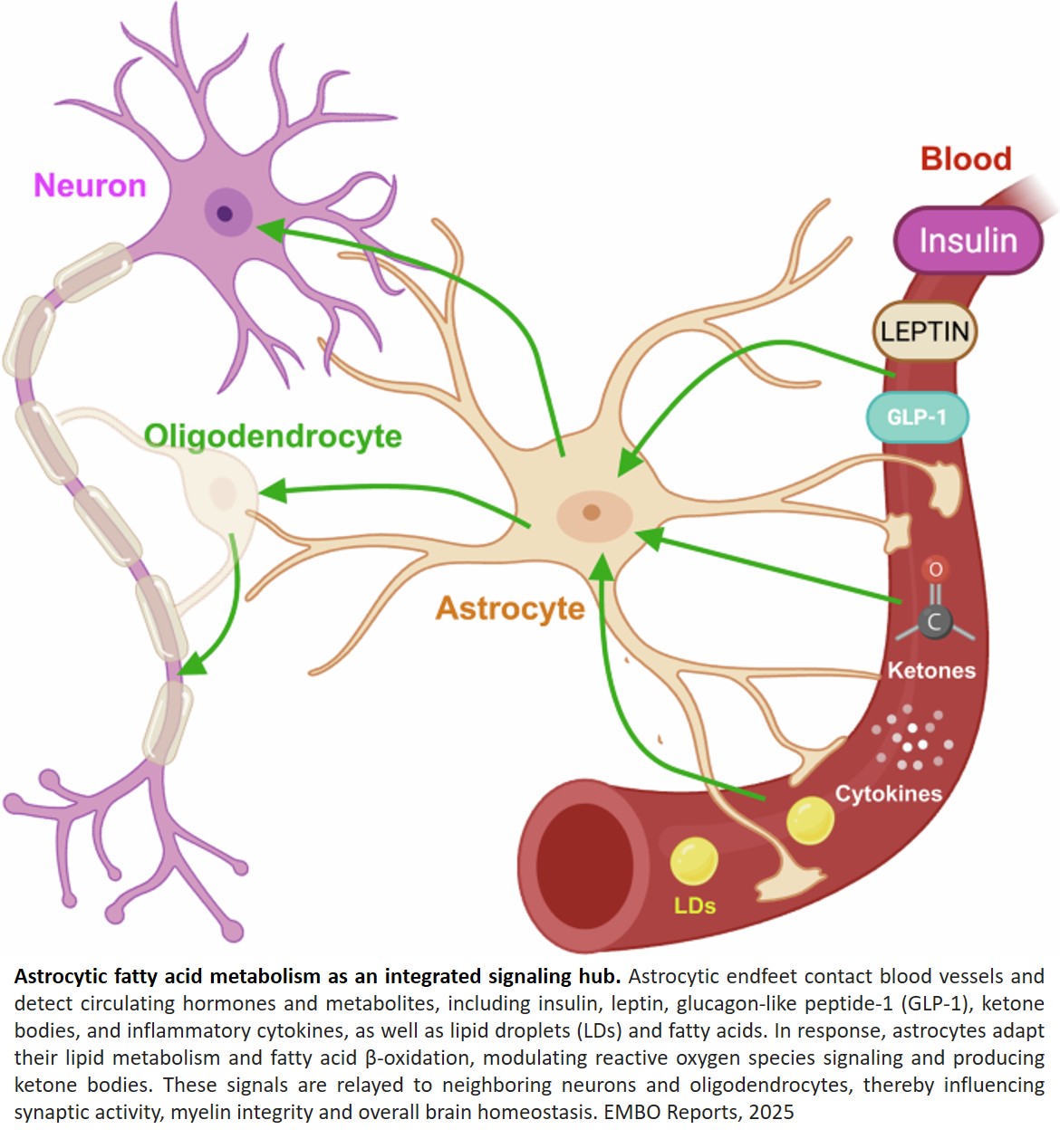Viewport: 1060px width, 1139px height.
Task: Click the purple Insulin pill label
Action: pyautogui.click(x=968, y=241)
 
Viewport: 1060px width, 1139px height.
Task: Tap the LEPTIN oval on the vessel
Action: pyautogui.click(x=925, y=331)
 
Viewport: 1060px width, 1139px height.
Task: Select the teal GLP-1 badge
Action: pyautogui.click(x=917, y=417)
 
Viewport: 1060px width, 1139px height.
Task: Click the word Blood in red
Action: pyautogui.click(x=966, y=158)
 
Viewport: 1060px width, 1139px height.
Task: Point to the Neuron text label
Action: pyautogui.click(x=90, y=186)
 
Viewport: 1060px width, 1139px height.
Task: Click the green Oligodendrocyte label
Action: pyautogui.click(x=273, y=435)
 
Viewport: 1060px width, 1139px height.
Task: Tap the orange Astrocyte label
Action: pyautogui.click(x=510, y=608)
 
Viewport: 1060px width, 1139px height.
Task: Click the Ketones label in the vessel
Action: pyautogui.click(x=931, y=671)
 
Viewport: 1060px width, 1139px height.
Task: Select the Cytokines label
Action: pyautogui.click(x=888, y=794)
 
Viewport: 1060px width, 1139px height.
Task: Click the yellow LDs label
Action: pyautogui.click(x=695, y=905)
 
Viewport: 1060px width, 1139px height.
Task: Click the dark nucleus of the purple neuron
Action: pyautogui.click(x=226, y=214)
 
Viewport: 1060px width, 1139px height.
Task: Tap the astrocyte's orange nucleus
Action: pyautogui.click(x=592, y=513)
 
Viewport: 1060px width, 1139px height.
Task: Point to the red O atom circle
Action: pyautogui.click(x=936, y=569)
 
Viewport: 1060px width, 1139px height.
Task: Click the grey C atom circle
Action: pyautogui.click(x=934, y=622)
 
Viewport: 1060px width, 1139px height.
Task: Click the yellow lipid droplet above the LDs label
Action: pyautogui.click(x=694, y=860)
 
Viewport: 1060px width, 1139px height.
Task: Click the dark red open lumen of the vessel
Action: pyautogui.click(x=580, y=861)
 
